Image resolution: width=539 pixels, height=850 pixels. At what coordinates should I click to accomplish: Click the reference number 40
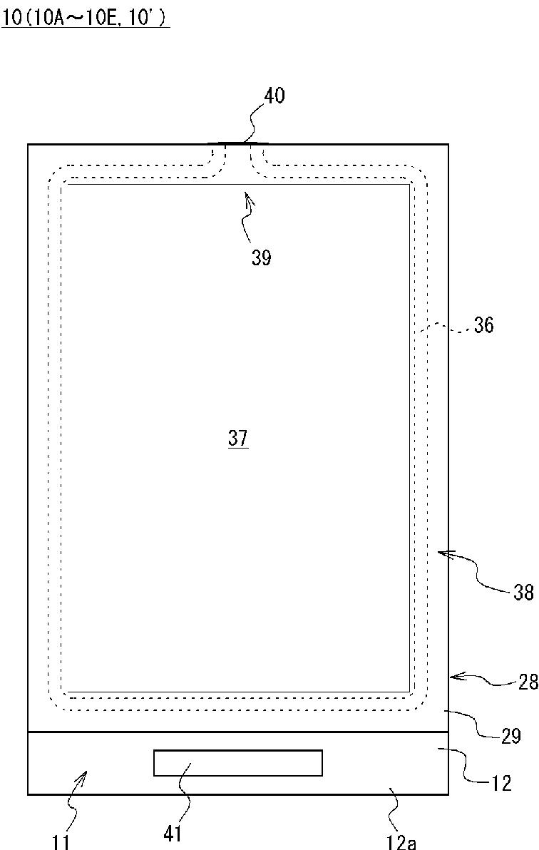tap(274, 96)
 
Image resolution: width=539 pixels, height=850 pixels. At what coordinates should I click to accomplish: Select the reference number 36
tap(483, 324)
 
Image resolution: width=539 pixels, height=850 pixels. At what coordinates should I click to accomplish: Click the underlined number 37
tap(238, 438)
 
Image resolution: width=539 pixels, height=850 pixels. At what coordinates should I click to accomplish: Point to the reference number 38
tap(523, 593)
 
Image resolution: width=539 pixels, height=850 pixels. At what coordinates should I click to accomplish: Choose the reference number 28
tap(528, 682)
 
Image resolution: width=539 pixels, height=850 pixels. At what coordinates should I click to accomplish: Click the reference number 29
tap(510, 736)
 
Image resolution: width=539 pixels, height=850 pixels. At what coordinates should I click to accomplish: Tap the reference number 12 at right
tap(502, 783)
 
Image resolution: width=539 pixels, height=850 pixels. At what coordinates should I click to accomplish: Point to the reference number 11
tap(61, 842)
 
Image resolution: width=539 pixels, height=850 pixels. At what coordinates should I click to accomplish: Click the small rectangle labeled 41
tap(238, 763)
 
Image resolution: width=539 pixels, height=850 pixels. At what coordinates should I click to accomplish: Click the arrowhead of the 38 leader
tap(438, 553)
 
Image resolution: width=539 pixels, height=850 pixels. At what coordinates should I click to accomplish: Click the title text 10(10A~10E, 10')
tap(85, 17)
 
